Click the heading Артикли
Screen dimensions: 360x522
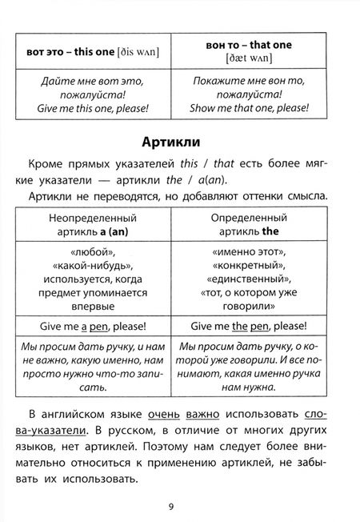click(x=179, y=143)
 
